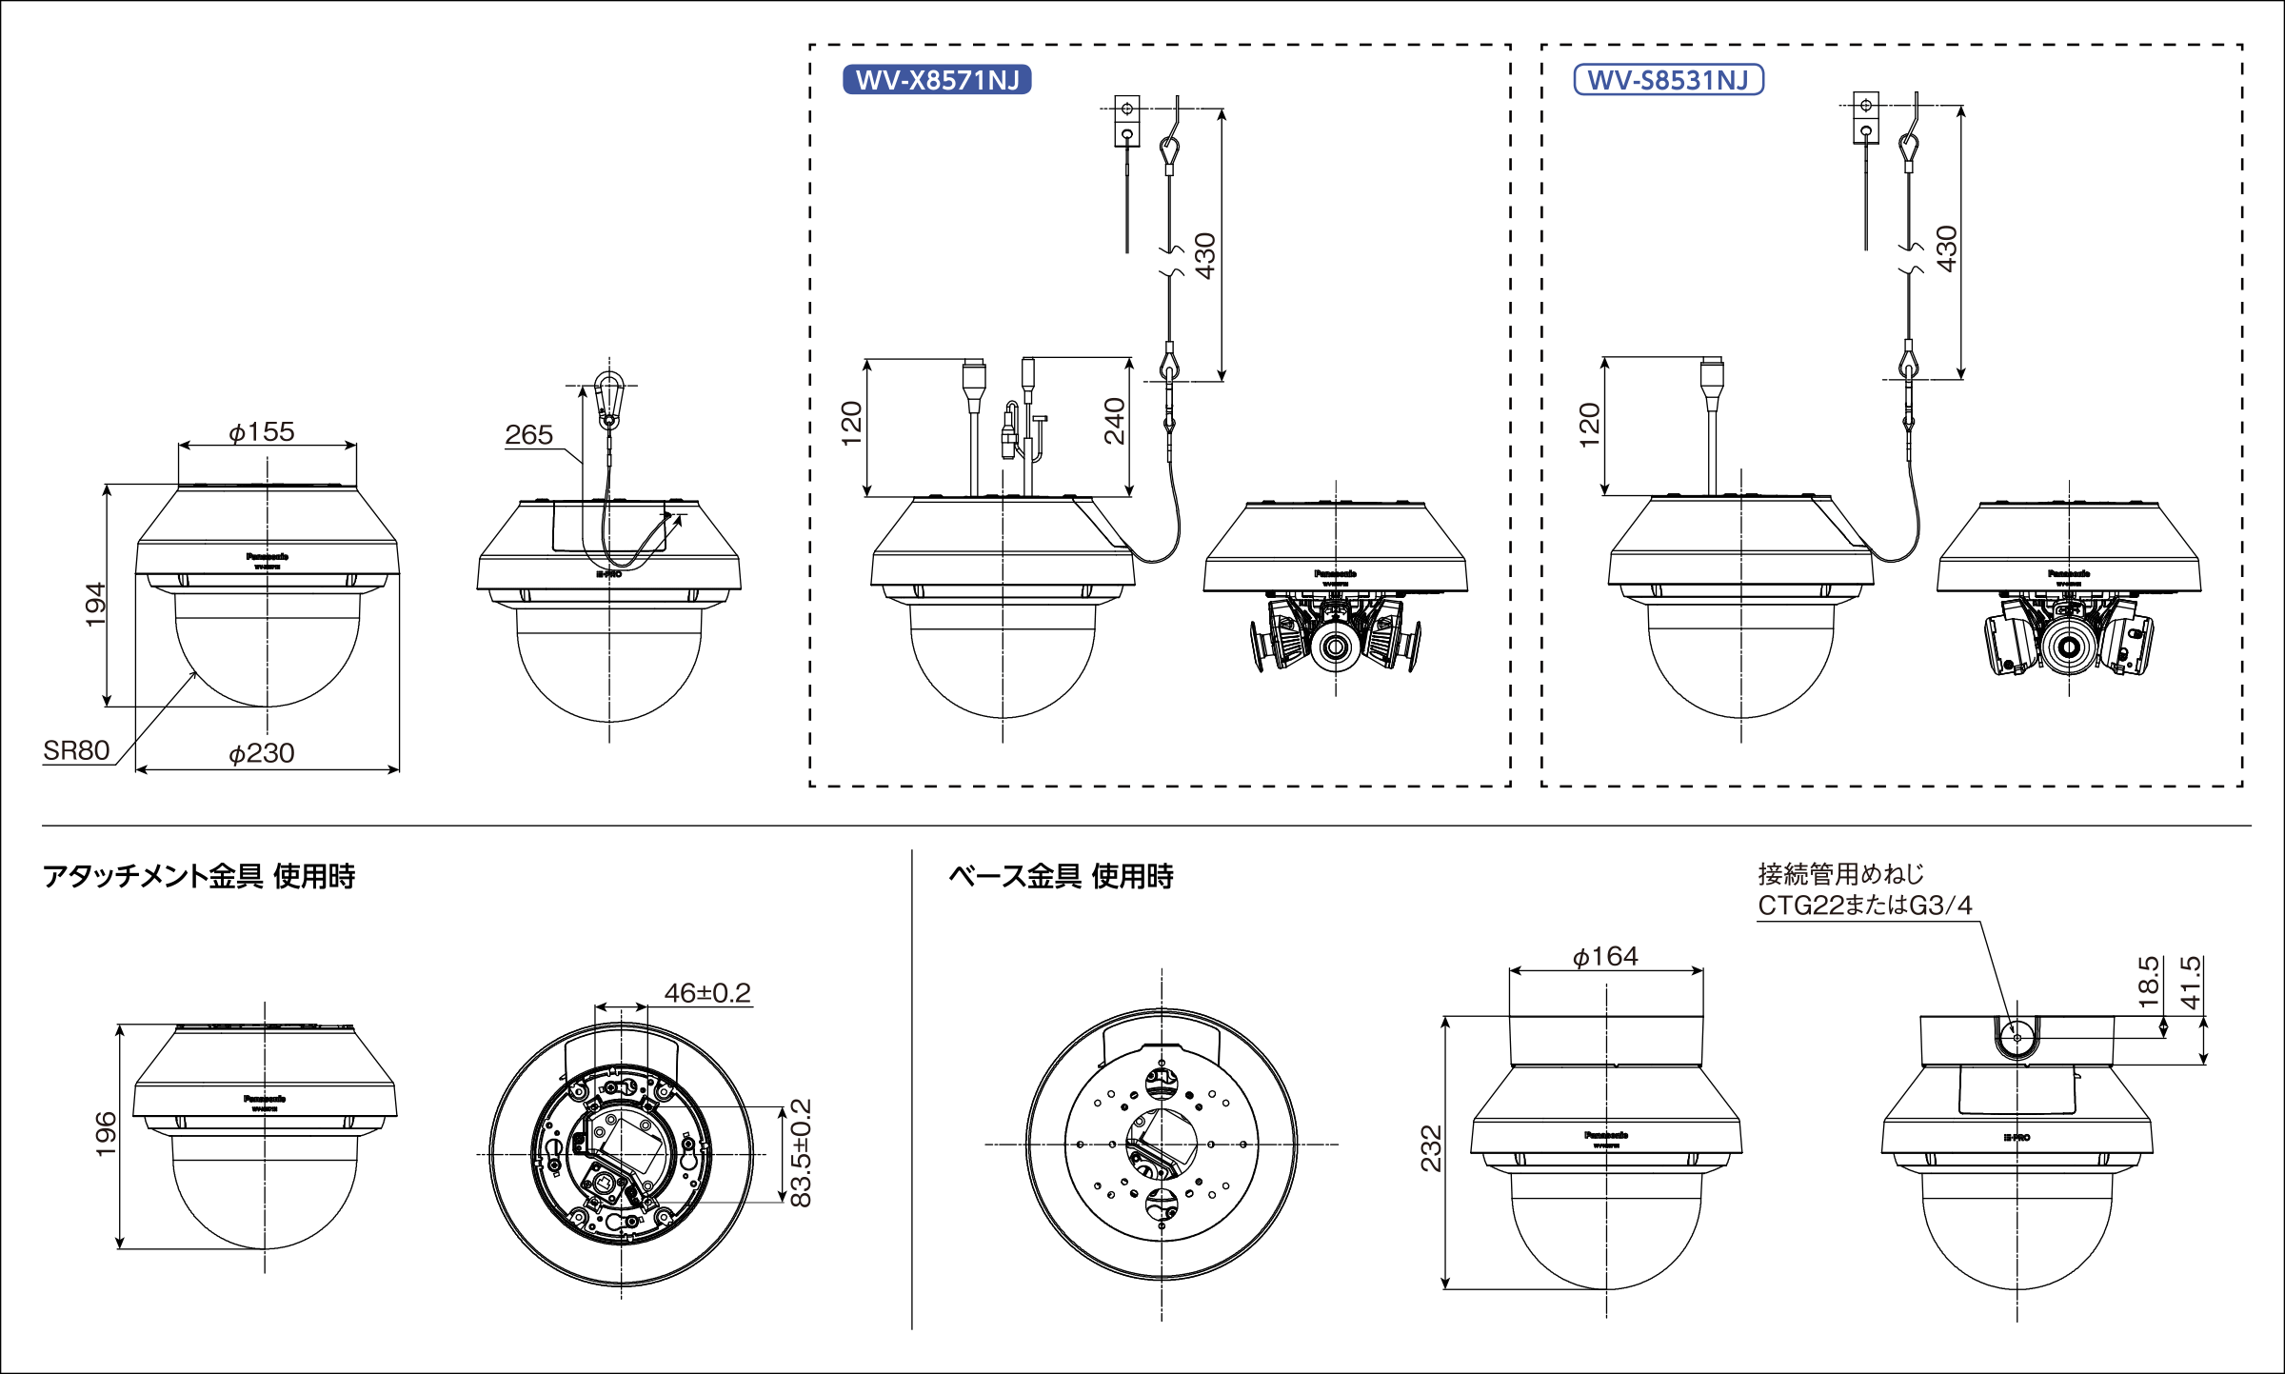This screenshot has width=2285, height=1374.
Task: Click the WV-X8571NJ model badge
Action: [937, 80]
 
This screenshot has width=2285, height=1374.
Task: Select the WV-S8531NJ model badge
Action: [1668, 80]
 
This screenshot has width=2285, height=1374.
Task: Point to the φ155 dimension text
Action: [262, 432]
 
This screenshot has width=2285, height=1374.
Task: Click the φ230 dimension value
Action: [262, 753]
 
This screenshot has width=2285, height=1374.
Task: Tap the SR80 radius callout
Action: [76, 750]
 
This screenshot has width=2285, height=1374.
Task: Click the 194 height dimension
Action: [95, 604]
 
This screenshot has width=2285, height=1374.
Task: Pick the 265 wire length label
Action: [528, 435]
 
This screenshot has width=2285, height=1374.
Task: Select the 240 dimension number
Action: [1115, 421]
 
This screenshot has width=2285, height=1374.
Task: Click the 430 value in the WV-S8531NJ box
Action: [1947, 249]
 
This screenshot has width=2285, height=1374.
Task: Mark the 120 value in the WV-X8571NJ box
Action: [851, 423]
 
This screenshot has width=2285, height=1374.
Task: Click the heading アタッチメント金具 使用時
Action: [199, 876]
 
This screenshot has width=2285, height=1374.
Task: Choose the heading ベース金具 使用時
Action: [1061, 876]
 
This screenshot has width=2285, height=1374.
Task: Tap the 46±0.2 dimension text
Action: [707, 993]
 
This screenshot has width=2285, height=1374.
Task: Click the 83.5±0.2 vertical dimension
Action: [802, 1152]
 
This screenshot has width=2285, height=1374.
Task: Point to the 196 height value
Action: [106, 1133]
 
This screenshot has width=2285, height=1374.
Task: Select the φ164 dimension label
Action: [1605, 956]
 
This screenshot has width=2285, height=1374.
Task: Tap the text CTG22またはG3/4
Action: [1864, 905]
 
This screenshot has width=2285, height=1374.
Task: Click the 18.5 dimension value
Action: [2148, 982]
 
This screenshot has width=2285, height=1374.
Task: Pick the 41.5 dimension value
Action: [2191, 982]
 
